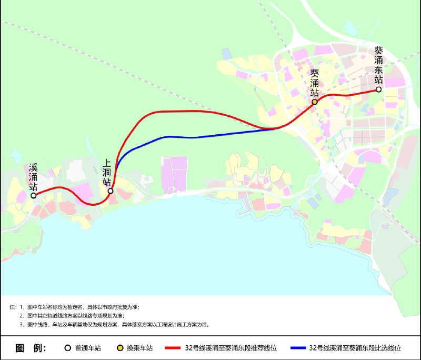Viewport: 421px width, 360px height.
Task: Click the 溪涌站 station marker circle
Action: tap(34, 195)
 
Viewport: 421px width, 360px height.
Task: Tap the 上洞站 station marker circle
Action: tap(111, 191)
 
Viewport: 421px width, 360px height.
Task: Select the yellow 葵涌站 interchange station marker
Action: tap(315, 102)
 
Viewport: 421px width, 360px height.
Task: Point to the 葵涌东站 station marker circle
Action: tap(378, 90)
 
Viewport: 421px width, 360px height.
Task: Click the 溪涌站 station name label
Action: tap(33, 177)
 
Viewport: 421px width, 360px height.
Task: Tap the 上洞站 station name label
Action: tap(107, 173)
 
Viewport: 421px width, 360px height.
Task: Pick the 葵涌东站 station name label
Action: tap(378, 65)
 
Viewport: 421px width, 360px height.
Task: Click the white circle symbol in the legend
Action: tap(67, 348)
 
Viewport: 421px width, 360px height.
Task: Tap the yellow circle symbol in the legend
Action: tap(120, 348)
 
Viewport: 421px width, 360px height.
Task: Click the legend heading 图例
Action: tap(31, 348)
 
